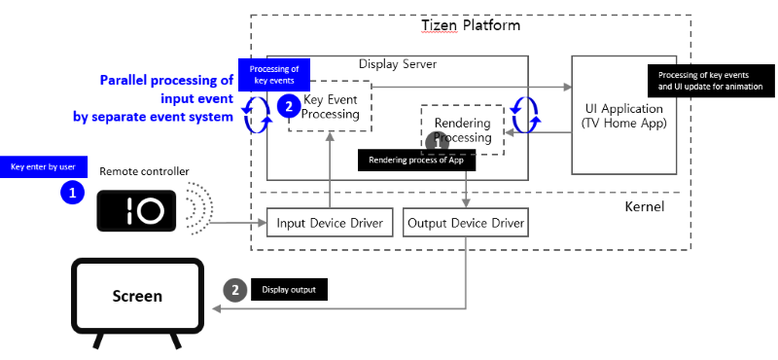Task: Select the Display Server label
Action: (x=398, y=64)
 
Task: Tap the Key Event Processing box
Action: (x=332, y=107)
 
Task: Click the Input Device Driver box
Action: (x=330, y=223)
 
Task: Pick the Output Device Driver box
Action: (x=465, y=223)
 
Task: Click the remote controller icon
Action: (x=137, y=209)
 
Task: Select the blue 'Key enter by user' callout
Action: (x=44, y=166)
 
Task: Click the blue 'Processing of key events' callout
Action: (x=274, y=74)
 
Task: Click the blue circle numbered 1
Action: (x=72, y=193)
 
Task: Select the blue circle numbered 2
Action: (x=288, y=106)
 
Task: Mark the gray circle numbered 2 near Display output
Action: (x=234, y=289)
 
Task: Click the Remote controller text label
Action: (x=144, y=171)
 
